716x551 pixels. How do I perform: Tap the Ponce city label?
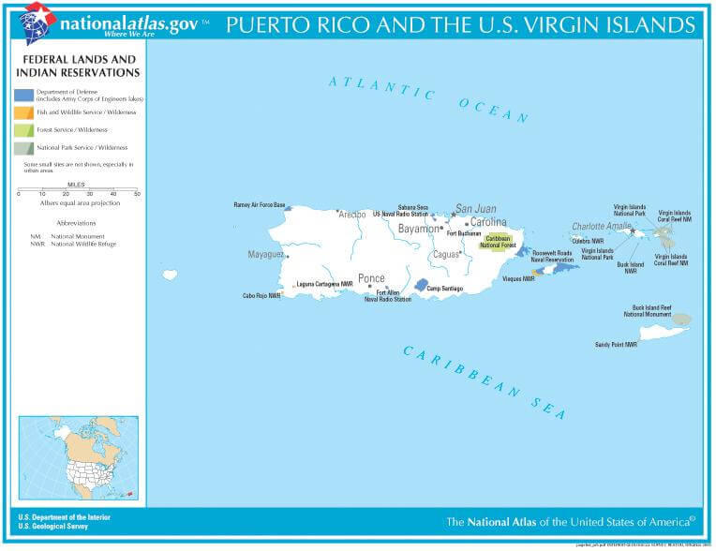371,278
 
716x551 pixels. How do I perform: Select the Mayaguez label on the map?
265,254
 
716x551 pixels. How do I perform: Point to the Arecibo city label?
351,215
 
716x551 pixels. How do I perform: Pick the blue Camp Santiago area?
422,285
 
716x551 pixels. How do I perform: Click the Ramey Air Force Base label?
259,204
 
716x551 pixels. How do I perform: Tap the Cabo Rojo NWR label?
261,296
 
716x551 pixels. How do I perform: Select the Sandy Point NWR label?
616,344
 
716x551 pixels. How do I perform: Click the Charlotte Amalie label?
602,226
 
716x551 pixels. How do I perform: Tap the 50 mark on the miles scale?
137,194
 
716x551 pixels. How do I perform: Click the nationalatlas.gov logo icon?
37,22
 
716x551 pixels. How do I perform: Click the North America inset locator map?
78,457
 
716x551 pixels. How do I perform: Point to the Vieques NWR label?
515,278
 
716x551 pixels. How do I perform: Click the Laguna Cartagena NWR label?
324,284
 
